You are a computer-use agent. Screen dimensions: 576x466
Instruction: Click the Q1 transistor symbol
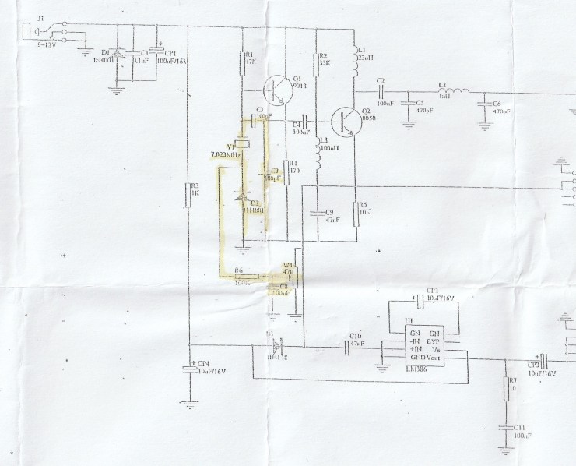[x=275, y=90]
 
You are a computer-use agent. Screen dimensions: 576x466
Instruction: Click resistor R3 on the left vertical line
[x=189, y=195]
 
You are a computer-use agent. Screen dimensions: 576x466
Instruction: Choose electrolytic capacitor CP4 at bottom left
[x=189, y=367]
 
